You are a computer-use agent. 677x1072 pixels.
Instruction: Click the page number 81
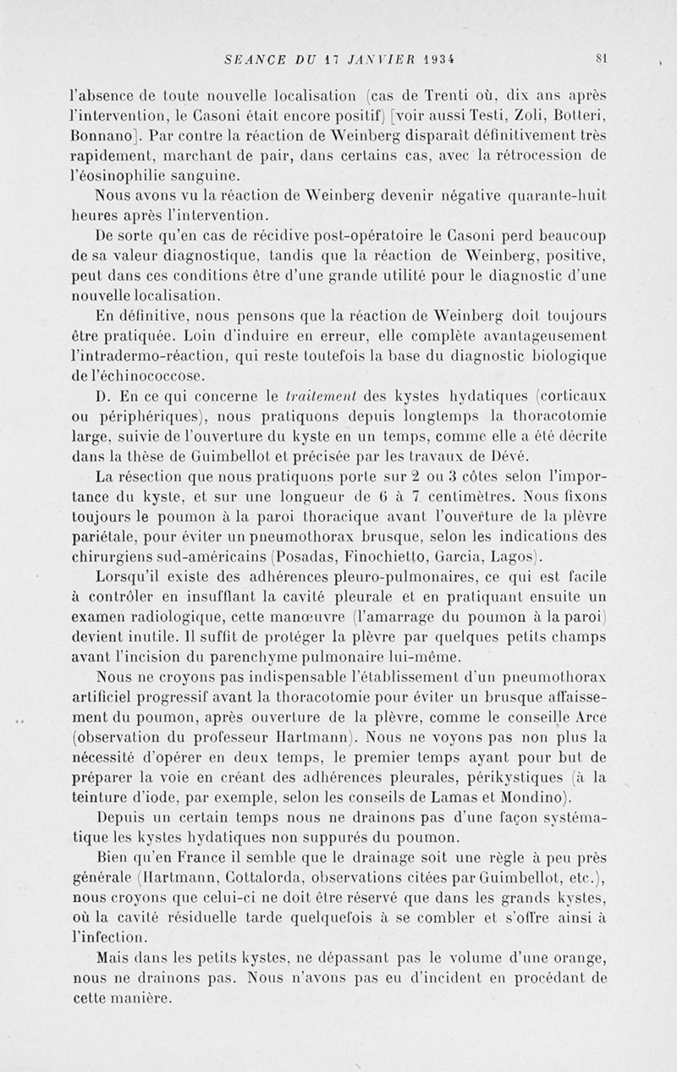[602, 59]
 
